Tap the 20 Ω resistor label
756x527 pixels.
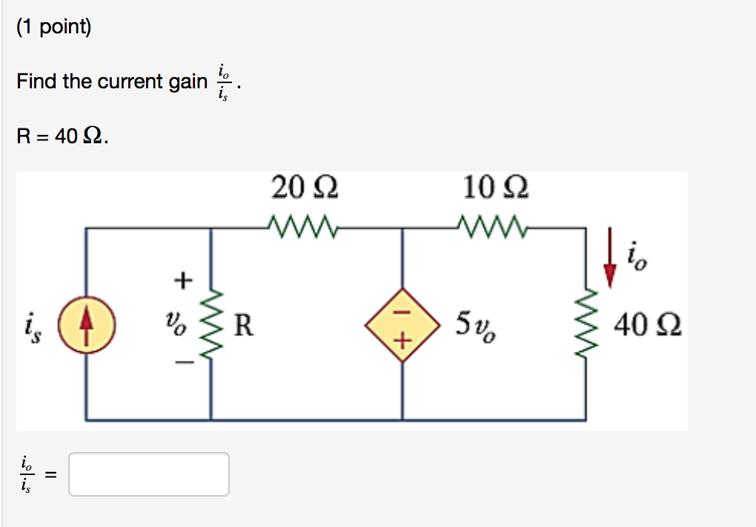[x=305, y=188]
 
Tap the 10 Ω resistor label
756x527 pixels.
[x=495, y=188]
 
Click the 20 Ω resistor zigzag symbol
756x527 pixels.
[x=303, y=225]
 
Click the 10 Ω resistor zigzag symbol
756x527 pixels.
[x=493, y=225]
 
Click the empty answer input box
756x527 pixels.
[x=149, y=474]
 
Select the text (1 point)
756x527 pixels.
[x=53, y=28]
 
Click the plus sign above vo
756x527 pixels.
[x=181, y=281]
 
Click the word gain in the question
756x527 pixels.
[x=188, y=81]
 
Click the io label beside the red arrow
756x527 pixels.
[x=638, y=255]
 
